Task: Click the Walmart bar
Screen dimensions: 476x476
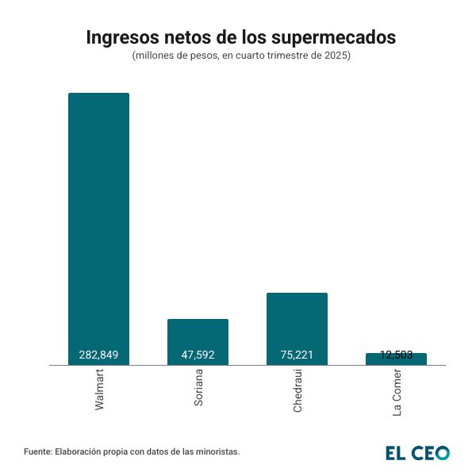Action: pyautogui.click(x=98, y=222)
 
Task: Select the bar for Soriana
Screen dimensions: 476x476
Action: pyautogui.click(x=198, y=337)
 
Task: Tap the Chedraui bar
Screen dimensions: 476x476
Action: pyautogui.click(x=297, y=321)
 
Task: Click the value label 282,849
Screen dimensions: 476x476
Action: pyautogui.click(x=98, y=355)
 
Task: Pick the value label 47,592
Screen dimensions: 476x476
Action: pyautogui.click(x=198, y=355)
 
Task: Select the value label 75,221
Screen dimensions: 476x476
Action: pyautogui.click(x=297, y=355)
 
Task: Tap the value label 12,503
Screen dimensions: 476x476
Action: pyautogui.click(x=396, y=355)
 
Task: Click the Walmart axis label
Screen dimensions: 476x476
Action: pyautogui.click(x=99, y=389)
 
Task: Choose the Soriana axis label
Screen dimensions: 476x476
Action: pyautogui.click(x=198, y=388)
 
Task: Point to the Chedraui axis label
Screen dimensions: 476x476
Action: pyautogui.click(x=297, y=390)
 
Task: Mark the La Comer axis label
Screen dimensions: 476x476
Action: pyautogui.click(x=397, y=392)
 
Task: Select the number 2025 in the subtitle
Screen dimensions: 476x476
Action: pyautogui.click(x=336, y=56)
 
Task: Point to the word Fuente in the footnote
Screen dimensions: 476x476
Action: pyautogui.click(x=38, y=451)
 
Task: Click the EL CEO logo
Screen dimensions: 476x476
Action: pyautogui.click(x=417, y=453)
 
